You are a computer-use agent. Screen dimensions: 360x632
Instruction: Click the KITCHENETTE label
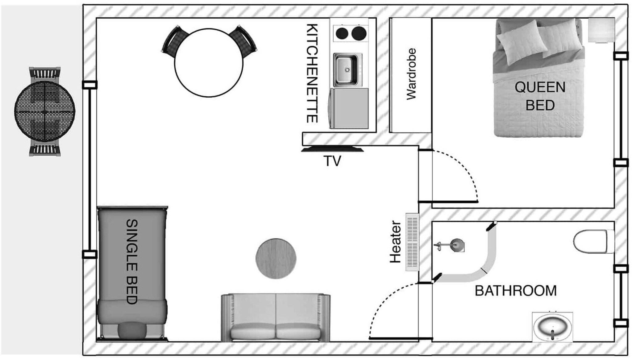pos(312,73)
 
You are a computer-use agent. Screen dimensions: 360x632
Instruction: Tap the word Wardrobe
pos(411,74)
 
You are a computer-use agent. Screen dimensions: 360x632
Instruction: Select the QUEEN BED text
pos(540,96)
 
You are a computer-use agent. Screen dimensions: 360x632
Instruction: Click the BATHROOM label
pos(515,291)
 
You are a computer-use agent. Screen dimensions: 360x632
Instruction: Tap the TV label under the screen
pos(332,161)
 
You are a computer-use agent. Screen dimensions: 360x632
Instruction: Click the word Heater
pos(395,242)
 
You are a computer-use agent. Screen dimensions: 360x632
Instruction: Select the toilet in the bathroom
pos(592,241)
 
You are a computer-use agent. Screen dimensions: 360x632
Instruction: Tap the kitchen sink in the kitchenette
pos(346,70)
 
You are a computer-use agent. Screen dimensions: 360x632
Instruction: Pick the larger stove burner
pos(359,33)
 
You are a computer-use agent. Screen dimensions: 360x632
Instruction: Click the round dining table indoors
pos(209,63)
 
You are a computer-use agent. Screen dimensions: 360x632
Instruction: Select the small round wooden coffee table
pos(276,259)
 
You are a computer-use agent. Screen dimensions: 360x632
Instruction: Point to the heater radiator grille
pos(412,242)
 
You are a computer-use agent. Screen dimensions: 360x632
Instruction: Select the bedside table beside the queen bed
pos(601,30)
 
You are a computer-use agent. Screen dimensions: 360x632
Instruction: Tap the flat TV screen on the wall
pos(332,150)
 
